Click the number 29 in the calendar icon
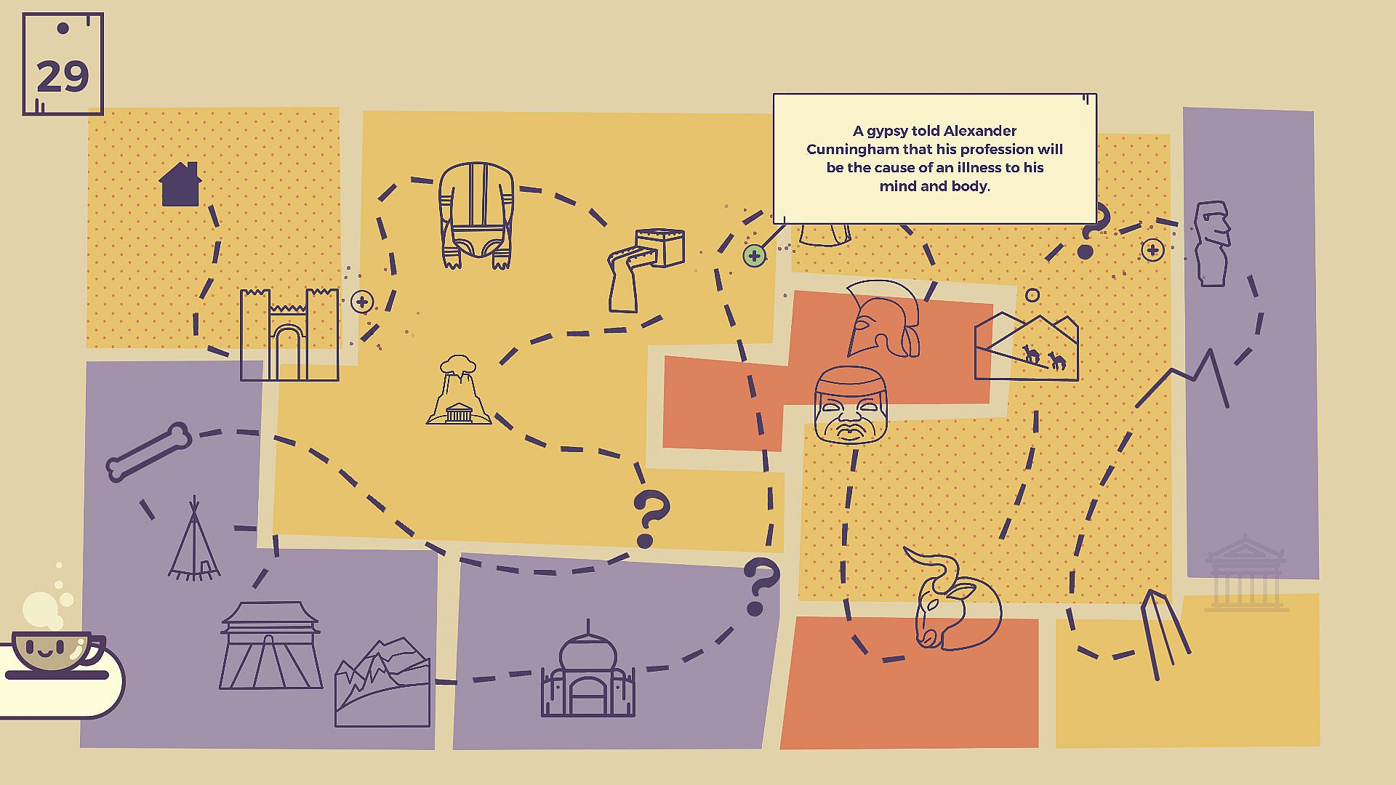(x=63, y=76)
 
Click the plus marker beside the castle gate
(x=362, y=302)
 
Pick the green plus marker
(x=754, y=256)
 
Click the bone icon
(x=149, y=451)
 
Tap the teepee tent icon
(x=194, y=542)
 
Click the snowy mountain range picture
(x=382, y=683)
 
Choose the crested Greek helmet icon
(x=882, y=318)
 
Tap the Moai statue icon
(x=1212, y=243)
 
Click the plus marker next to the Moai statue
(x=1152, y=250)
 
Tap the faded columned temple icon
(x=1245, y=574)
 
